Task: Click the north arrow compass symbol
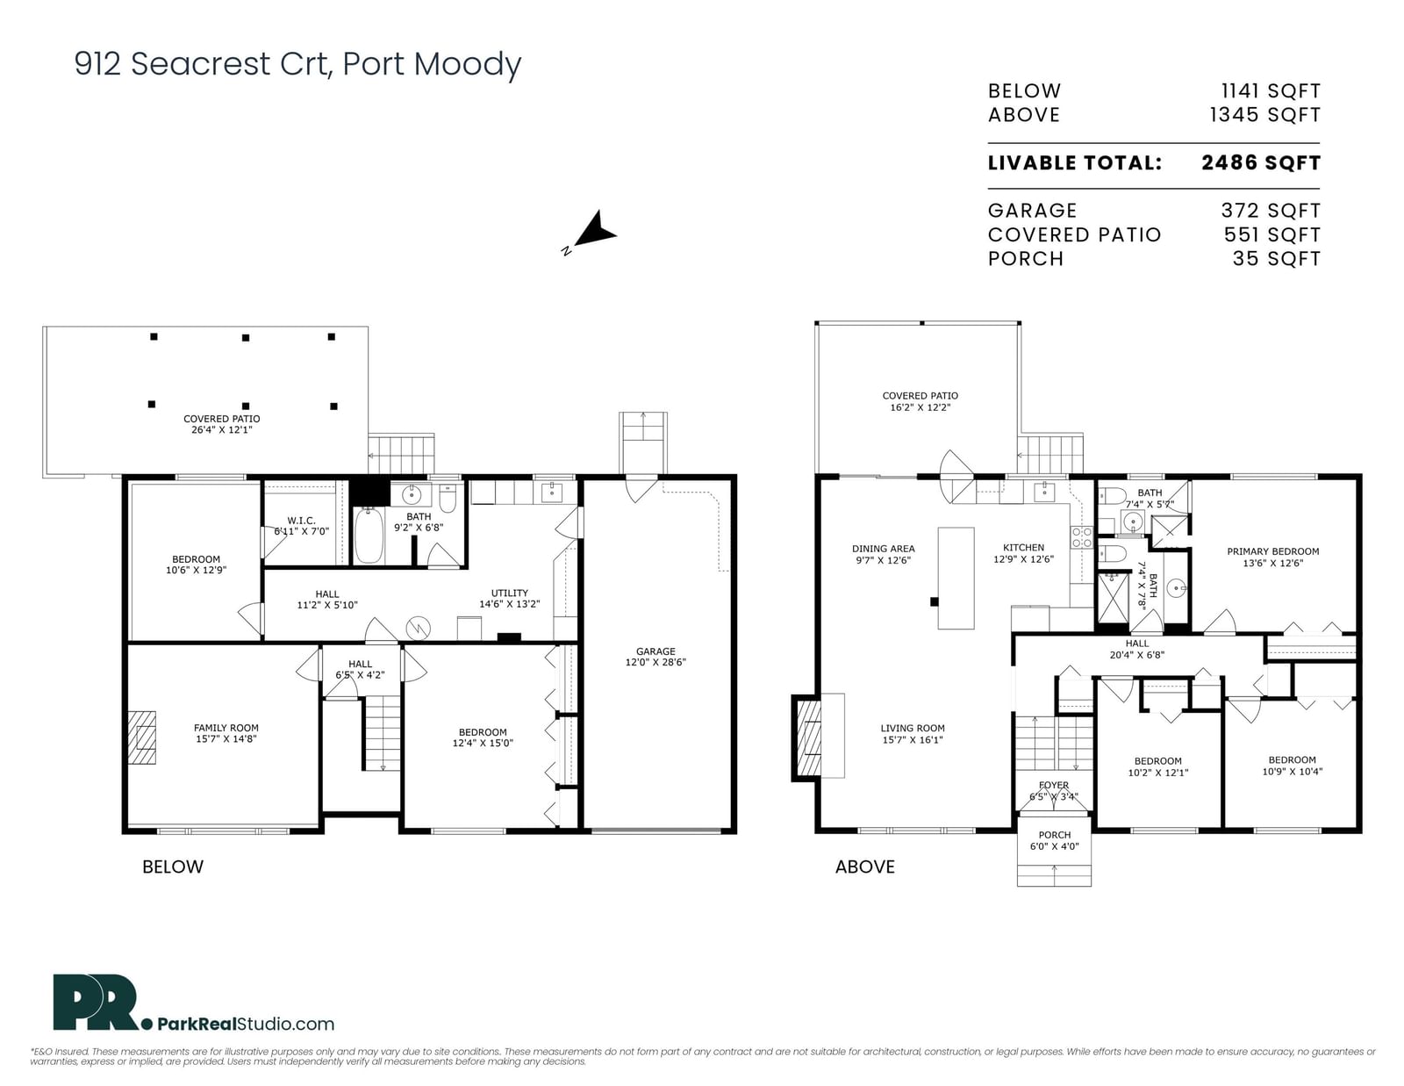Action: [x=593, y=232]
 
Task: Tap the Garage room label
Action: [x=655, y=651]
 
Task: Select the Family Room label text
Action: [x=226, y=728]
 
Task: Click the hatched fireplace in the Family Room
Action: [x=141, y=737]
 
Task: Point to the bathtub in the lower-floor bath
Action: [x=369, y=536]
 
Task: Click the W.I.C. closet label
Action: [x=301, y=521]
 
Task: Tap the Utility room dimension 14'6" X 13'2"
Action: [x=509, y=604]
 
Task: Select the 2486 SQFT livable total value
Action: [x=1261, y=163]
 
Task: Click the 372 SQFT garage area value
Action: [x=1271, y=211]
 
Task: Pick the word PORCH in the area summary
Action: [x=1026, y=259]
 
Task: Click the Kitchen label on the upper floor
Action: [x=1023, y=548]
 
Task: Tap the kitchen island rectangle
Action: [x=956, y=579]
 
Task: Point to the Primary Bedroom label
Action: [x=1273, y=551]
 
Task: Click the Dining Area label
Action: [x=884, y=549]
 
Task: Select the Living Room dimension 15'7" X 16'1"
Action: [x=913, y=739]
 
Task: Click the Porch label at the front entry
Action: [x=1055, y=835]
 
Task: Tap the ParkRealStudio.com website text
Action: [x=246, y=1024]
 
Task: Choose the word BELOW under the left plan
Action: [x=173, y=867]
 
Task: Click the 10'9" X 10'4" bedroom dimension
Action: [x=1293, y=771]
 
